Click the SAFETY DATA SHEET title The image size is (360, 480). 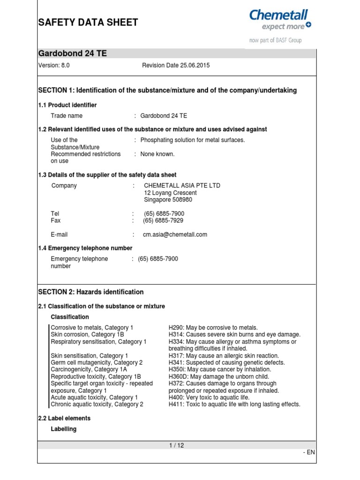88,22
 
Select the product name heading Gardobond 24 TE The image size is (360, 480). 72,53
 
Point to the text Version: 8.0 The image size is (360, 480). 54,66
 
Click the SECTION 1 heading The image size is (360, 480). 167,90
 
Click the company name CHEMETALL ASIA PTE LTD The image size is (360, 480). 182,186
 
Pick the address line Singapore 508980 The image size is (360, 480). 168,200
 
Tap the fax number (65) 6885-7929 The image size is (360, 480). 163,220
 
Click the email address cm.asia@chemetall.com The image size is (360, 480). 175,234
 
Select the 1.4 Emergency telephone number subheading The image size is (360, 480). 85,248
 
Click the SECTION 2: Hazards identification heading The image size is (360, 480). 90,292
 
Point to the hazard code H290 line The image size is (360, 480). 213,328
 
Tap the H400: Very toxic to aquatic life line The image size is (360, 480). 209,397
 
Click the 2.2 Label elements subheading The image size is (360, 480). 64,418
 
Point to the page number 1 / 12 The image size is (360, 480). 177,446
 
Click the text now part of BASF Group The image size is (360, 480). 275,40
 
